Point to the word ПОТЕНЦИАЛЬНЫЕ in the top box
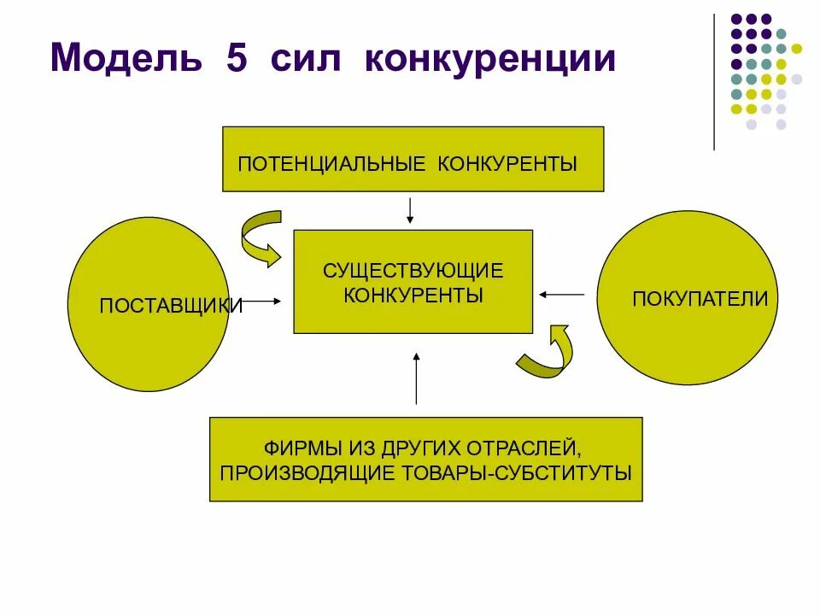[332, 162]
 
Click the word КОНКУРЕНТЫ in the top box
[507, 162]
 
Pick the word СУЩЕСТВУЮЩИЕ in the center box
[413, 271]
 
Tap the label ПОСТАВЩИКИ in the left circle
[171, 305]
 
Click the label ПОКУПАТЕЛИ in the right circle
[700, 299]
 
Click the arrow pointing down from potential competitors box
[411, 210]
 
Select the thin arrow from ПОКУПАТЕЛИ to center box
[561, 295]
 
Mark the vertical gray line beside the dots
[714, 82]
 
